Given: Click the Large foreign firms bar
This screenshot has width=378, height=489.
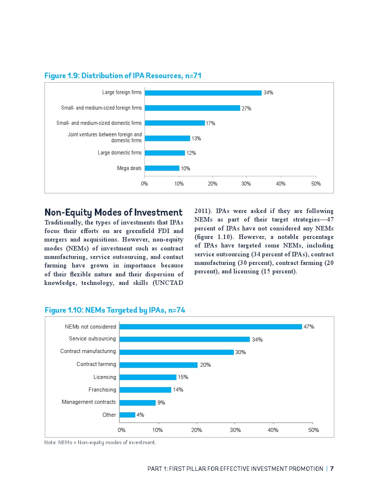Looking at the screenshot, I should click(203, 93).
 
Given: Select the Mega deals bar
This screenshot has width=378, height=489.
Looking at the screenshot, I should click(162, 168).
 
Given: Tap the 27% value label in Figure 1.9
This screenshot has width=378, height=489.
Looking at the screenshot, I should click(246, 109).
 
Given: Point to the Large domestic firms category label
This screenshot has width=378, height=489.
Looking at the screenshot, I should click(120, 153).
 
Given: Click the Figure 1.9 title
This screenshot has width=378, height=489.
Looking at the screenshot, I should click(123, 76).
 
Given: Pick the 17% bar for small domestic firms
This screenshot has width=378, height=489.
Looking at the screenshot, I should click(175, 123).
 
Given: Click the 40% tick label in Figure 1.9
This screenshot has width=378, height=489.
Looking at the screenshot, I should click(281, 184).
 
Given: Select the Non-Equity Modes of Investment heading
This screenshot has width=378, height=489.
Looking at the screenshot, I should click(113, 212).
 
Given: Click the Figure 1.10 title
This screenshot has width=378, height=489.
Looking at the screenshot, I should click(115, 310).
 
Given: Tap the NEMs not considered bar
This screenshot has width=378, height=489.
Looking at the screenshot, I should click(210, 327).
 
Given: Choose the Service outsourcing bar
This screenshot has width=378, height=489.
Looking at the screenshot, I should click(185, 339).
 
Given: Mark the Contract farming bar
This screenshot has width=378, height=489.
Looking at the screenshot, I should click(158, 365).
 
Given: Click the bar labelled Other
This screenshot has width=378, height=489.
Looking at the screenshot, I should click(127, 415).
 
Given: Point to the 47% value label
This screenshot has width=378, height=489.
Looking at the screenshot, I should click(309, 327).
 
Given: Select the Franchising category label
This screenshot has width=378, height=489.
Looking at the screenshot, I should click(102, 390).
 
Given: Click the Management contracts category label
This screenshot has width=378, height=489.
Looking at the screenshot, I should click(89, 402).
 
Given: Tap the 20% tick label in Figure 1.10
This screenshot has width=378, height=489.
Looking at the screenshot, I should click(196, 430).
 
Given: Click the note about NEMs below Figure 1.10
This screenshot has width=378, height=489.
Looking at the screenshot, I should click(100, 442).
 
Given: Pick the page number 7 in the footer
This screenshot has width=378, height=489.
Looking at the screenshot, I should click(332, 469).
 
